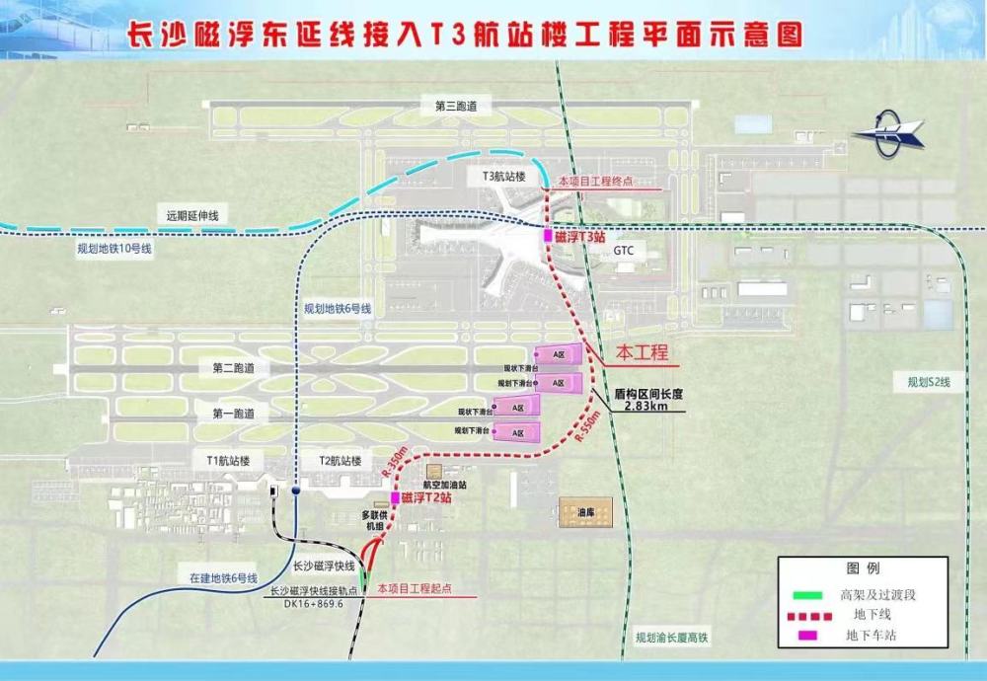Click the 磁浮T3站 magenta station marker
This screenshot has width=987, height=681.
tap(549, 237)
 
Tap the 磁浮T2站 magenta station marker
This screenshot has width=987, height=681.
tap(395, 498)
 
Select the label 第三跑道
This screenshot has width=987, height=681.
tap(441, 105)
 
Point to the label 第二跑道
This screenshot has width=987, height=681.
tap(233, 368)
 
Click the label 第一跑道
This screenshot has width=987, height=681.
tap(233, 414)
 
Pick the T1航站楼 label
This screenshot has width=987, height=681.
tap(229, 461)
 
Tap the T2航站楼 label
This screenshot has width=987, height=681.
tap(340, 461)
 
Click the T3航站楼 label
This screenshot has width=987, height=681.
tap(503, 177)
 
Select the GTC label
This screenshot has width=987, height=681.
tap(624, 251)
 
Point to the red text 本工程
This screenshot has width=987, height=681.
tap(643, 352)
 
